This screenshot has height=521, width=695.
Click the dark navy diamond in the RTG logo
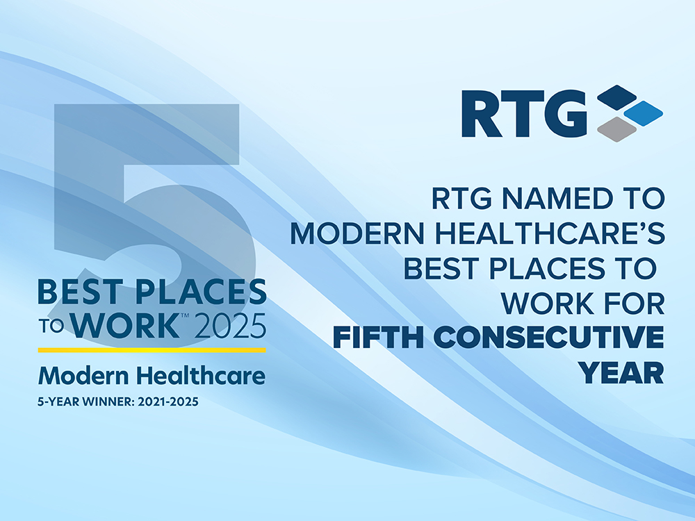click(x=616, y=97)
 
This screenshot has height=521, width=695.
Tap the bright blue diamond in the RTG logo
click(x=643, y=113)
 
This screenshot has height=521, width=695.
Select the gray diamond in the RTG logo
click(x=616, y=129)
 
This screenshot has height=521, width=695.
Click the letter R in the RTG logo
click(x=482, y=114)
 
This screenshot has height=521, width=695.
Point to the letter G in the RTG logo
click(x=565, y=114)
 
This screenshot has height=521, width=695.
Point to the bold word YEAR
click(x=622, y=372)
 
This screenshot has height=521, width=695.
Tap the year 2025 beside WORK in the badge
click(x=231, y=326)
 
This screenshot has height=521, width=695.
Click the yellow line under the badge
click(x=152, y=350)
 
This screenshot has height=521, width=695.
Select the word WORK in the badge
click(x=125, y=326)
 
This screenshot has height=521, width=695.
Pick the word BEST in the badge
click(x=80, y=292)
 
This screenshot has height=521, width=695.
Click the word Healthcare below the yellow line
click(x=201, y=375)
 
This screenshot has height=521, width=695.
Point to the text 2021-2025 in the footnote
click(x=168, y=402)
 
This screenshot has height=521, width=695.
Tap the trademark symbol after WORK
click(x=186, y=315)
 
